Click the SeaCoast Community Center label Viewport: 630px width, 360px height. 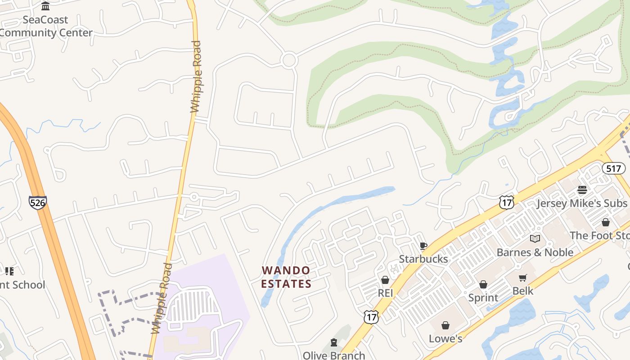pyautogui.click(x=45, y=26)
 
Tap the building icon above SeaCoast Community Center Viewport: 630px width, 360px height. pyautogui.click(x=45, y=6)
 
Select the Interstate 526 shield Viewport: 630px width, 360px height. pyautogui.click(x=37, y=202)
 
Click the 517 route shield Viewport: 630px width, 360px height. pyautogui.click(x=613, y=169)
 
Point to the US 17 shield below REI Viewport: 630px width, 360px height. pyautogui.click(x=372, y=317)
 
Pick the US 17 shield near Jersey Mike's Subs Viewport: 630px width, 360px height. pyautogui.click(x=506, y=202)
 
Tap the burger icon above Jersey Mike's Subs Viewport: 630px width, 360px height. pyautogui.click(x=582, y=190)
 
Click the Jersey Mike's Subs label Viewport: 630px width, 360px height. pyautogui.click(x=582, y=203)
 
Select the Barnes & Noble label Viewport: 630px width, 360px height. pyautogui.click(x=535, y=252)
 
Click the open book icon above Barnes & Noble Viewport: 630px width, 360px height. pyautogui.click(x=535, y=239)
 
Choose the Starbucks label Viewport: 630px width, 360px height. pyautogui.click(x=423, y=259)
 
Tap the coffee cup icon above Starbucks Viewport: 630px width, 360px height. pyautogui.click(x=423, y=246)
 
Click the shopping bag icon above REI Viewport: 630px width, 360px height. pyautogui.click(x=385, y=280)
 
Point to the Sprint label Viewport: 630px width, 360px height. pyautogui.click(x=483, y=297)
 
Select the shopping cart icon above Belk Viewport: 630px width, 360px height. pyautogui.click(x=522, y=278)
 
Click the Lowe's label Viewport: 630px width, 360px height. pyautogui.click(x=445, y=338)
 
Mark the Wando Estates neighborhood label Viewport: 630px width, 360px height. pyautogui.click(x=286, y=277)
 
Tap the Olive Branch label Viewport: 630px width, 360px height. pyautogui.click(x=334, y=355)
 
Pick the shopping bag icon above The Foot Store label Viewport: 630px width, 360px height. pyautogui.click(x=606, y=222)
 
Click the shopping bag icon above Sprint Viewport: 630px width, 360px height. pyautogui.click(x=483, y=284)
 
